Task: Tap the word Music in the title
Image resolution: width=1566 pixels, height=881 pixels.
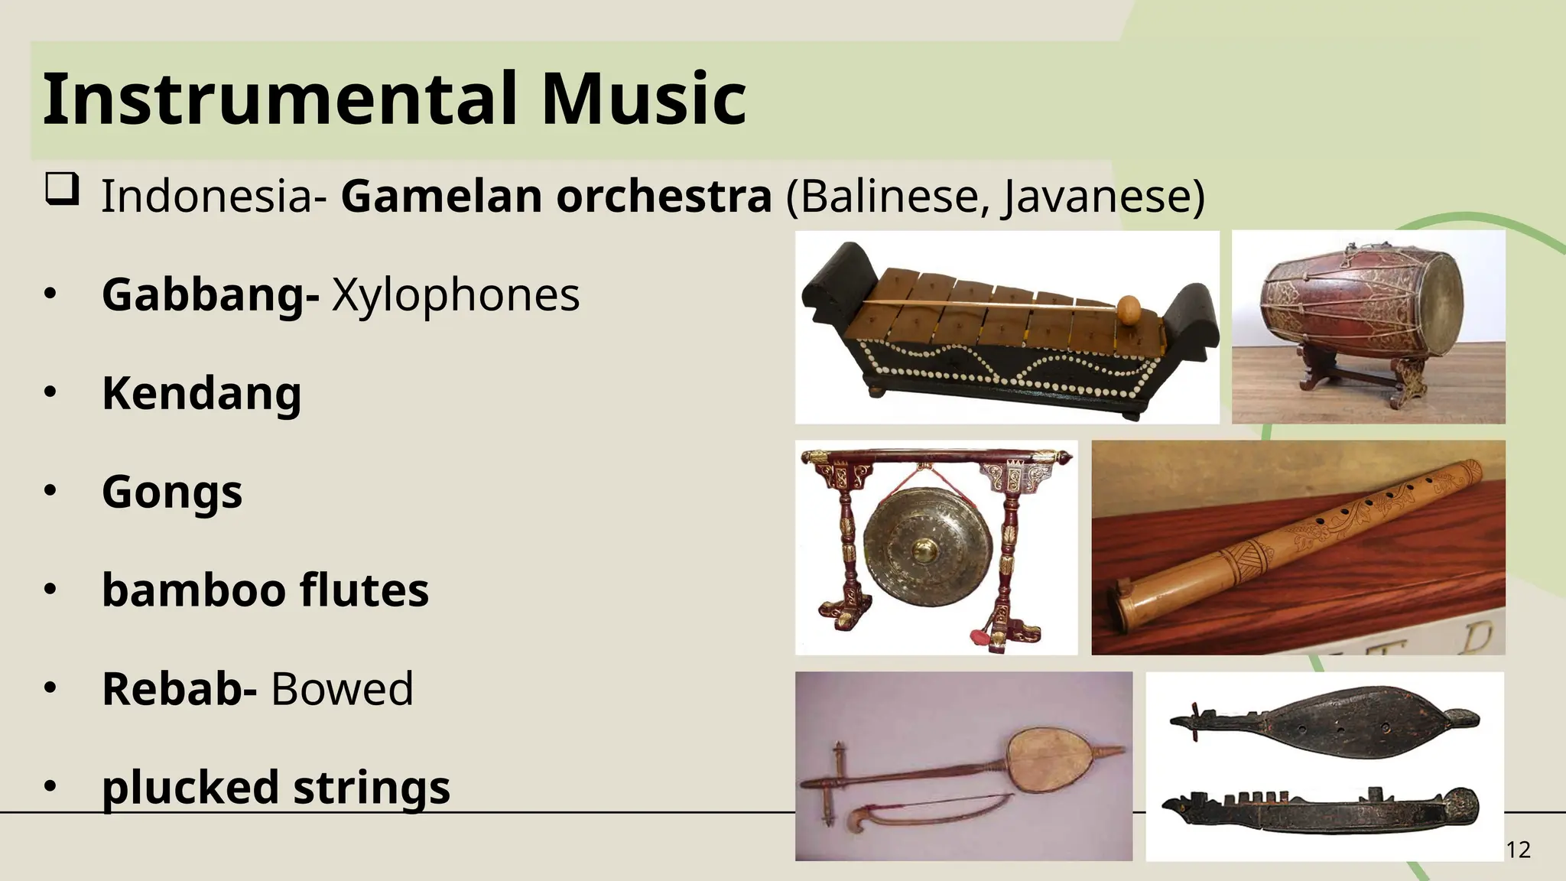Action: coord(643,99)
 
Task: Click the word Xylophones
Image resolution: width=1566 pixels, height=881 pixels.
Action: coord(456,295)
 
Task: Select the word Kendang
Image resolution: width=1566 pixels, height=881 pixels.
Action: coord(201,393)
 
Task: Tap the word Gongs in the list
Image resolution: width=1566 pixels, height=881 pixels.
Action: coord(172,492)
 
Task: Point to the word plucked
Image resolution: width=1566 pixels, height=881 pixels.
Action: coord(190,787)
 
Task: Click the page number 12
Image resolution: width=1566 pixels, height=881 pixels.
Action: coord(1518,850)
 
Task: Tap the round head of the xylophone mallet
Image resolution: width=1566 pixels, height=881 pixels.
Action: coord(1129,308)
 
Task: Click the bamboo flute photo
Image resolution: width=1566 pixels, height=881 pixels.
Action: coord(1298,547)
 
